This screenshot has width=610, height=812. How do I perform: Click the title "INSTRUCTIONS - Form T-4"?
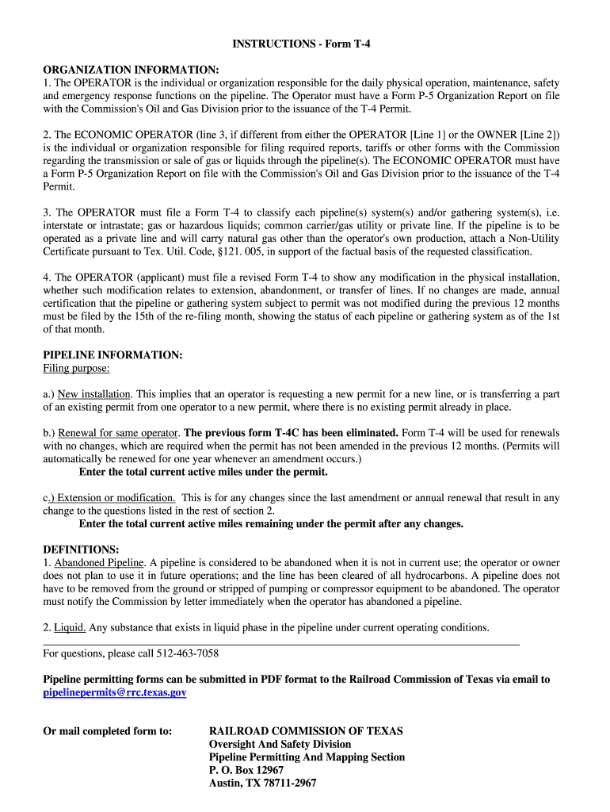point(301,44)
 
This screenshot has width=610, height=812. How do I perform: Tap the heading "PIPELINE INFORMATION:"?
point(112,355)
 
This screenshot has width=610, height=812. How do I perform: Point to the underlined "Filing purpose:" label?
point(76,368)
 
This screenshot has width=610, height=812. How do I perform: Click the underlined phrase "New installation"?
point(94,394)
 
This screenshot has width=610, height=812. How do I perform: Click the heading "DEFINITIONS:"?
point(81,550)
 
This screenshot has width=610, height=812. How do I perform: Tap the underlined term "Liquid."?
point(70,627)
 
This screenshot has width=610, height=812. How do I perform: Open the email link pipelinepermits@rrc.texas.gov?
point(115,692)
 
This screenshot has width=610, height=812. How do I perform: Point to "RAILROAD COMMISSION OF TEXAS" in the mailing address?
point(306,731)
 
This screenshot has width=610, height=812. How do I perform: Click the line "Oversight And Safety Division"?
point(280,744)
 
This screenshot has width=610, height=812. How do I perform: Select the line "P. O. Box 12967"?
point(246,770)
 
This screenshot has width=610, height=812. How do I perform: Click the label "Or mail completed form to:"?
point(107,731)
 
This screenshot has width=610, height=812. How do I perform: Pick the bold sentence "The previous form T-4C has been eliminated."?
point(291,433)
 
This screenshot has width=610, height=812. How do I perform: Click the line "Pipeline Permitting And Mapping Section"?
point(307,757)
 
